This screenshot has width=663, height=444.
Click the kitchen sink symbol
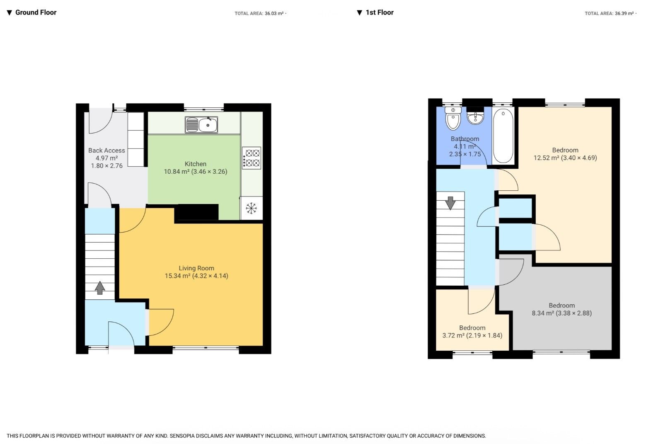pos(201,125)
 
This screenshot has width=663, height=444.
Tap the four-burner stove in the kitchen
pos(252,158)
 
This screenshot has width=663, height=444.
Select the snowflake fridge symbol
pos(251,208)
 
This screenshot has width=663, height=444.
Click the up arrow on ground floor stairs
pos(100,288)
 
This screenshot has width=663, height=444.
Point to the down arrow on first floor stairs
pos(450,203)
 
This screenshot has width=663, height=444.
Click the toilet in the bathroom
pos(453,119)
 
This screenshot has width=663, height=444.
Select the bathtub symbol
pos(503,136)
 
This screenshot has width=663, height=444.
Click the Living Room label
pos(196,268)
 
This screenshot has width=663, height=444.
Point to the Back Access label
pos(106,150)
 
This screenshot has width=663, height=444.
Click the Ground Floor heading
pos(36,12)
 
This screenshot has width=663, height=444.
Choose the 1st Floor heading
pos(379,12)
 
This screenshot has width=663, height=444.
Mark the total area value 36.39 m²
pos(624,14)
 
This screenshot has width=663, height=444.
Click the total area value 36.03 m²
pos(274,14)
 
